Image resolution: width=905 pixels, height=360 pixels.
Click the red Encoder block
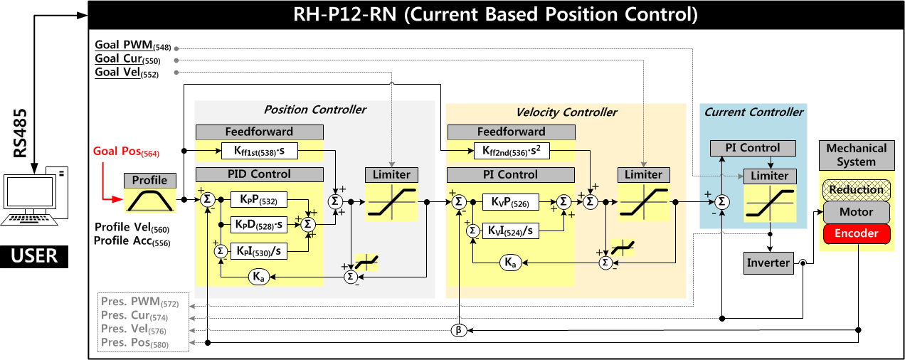pyautogui.click(x=856, y=233)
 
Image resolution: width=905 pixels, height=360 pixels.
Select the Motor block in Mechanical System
pyautogui.click(x=856, y=212)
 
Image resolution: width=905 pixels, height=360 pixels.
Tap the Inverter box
pyautogui.click(x=768, y=263)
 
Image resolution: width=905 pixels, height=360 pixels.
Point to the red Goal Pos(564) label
pyautogui.click(x=126, y=152)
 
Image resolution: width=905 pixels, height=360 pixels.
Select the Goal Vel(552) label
pyautogui.click(x=127, y=73)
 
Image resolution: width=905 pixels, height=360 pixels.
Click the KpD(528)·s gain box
pyautogui.click(x=260, y=224)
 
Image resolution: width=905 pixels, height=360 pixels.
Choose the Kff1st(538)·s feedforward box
pyautogui.click(x=259, y=151)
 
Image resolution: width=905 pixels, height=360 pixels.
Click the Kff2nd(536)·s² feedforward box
pyautogui.click(x=511, y=151)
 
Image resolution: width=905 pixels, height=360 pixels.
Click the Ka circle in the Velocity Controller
pyautogui.click(x=509, y=263)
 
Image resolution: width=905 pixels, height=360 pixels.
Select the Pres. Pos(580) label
pyautogui.click(x=139, y=343)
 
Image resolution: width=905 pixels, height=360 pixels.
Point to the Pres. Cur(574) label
pyautogui.click(x=139, y=316)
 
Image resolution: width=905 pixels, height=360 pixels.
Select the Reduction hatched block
pyautogui.click(x=856, y=190)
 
